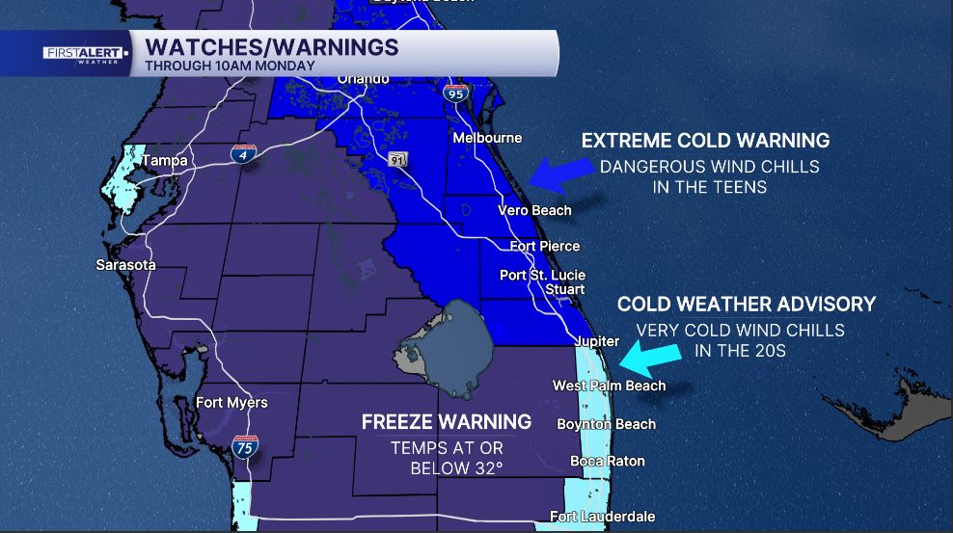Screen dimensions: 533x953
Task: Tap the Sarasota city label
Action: coord(125,264)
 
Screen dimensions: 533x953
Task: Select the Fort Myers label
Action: coord(231,402)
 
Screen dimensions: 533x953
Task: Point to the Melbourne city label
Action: coord(487,138)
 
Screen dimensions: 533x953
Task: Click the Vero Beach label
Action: coord(534,210)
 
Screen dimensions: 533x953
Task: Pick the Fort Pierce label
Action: coord(545,246)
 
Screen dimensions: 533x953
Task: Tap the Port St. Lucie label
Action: coord(542,275)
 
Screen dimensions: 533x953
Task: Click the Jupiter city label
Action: coord(596,341)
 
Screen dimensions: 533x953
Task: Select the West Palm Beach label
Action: coord(609,386)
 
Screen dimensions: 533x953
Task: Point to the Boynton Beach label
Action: coord(607,424)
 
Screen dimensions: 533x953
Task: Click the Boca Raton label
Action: coord(608,461)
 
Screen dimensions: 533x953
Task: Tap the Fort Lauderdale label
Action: coord(603,517)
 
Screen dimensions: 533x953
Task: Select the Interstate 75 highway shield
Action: coord(245,446)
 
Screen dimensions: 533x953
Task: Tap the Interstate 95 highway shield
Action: coord(456,93)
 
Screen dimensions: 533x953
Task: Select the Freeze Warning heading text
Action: coord(447,422)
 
